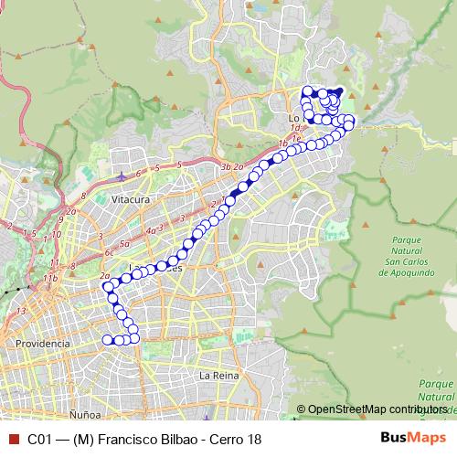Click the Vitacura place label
130,197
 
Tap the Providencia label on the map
43,343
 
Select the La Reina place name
219,376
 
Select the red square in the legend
12,439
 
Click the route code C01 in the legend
40,439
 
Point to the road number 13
21,311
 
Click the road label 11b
49,277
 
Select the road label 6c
110,251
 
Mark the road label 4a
151,231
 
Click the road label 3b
225,166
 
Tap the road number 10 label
57,234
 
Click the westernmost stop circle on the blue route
107,287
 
